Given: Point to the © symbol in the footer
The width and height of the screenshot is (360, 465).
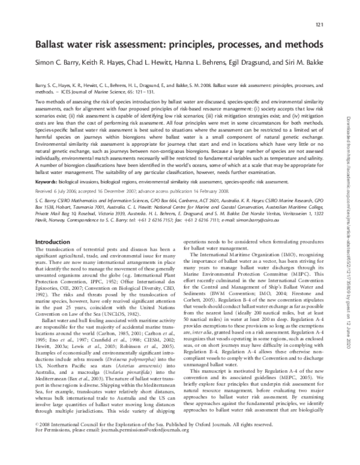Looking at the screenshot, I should tap(38, 440).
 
